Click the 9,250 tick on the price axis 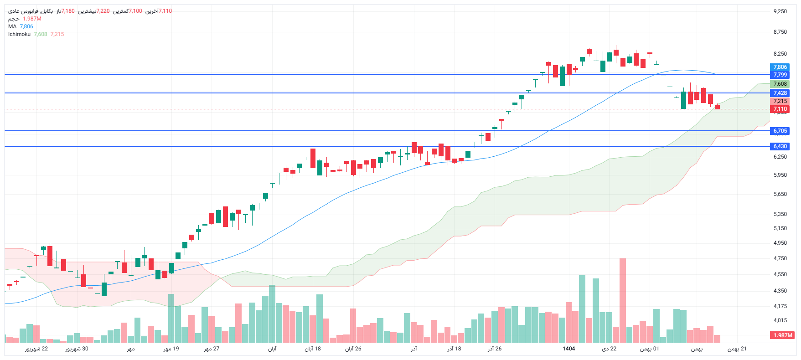click(780, 11)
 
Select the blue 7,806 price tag click(780, 67)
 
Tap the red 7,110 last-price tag click(780, 109)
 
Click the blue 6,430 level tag click(780, 146)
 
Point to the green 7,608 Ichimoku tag click(780, 84)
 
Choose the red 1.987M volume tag click(782, 335)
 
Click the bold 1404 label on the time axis click(568, 349)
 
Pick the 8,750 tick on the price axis click(780, 32)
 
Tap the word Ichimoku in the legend click(19, 34)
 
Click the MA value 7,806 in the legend click(26, 26)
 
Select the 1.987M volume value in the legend click(32, 19)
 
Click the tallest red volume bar click(623, 301)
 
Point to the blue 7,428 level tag click(780, 93)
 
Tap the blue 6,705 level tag click(780, 131)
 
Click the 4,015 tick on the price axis click(780, 320)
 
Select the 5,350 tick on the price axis click(780, 214)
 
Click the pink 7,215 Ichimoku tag click(780, 101)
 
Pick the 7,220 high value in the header click(103, 11)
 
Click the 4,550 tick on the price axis click(780, 274)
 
